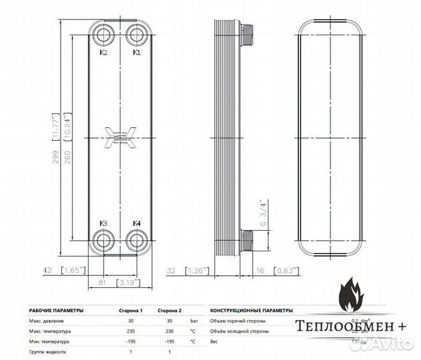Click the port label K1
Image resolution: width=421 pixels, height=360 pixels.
(136, 52)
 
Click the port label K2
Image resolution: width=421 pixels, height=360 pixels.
(104, 52)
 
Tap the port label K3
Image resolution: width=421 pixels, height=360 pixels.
(104, 223)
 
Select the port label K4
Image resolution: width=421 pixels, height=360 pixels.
(137, 223)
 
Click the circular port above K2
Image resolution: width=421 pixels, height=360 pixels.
(103, 35)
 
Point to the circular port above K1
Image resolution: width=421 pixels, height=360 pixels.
(137, 35)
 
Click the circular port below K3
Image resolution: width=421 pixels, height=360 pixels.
(103, 241)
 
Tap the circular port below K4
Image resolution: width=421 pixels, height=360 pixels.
(137, 241)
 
